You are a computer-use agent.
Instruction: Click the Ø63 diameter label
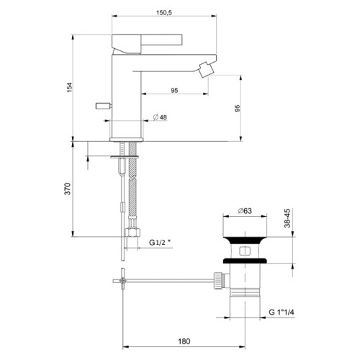(x=246, y=212)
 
